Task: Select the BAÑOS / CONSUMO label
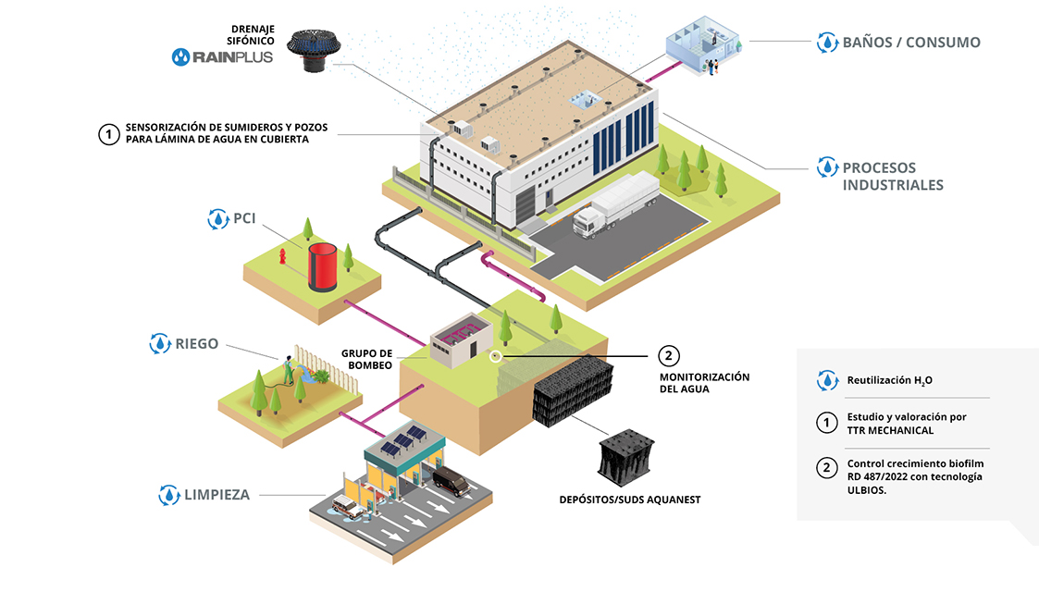(910, 42)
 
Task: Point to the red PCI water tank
(324, 266)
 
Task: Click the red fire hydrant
(280, 257)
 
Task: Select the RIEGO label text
(196, 343)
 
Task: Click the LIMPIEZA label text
(216, 494)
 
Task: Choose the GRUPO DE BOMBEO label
(366, 359)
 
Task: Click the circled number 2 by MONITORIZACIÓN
(668, 355)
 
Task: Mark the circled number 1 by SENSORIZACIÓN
(108, 134)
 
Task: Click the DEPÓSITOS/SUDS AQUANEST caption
(630, 499)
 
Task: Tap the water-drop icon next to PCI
(216, 219)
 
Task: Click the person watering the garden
(289, 370)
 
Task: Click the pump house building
(454, 339)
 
